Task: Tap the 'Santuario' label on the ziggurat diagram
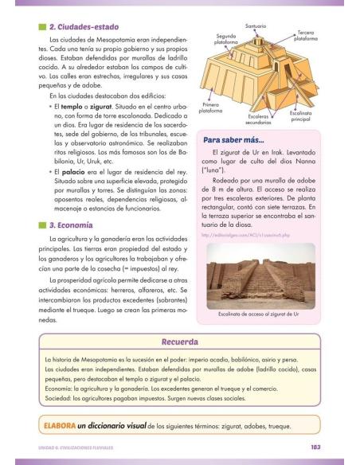click(x=256, y=26)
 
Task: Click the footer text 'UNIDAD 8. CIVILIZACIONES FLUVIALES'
click(x=76, y=447)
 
